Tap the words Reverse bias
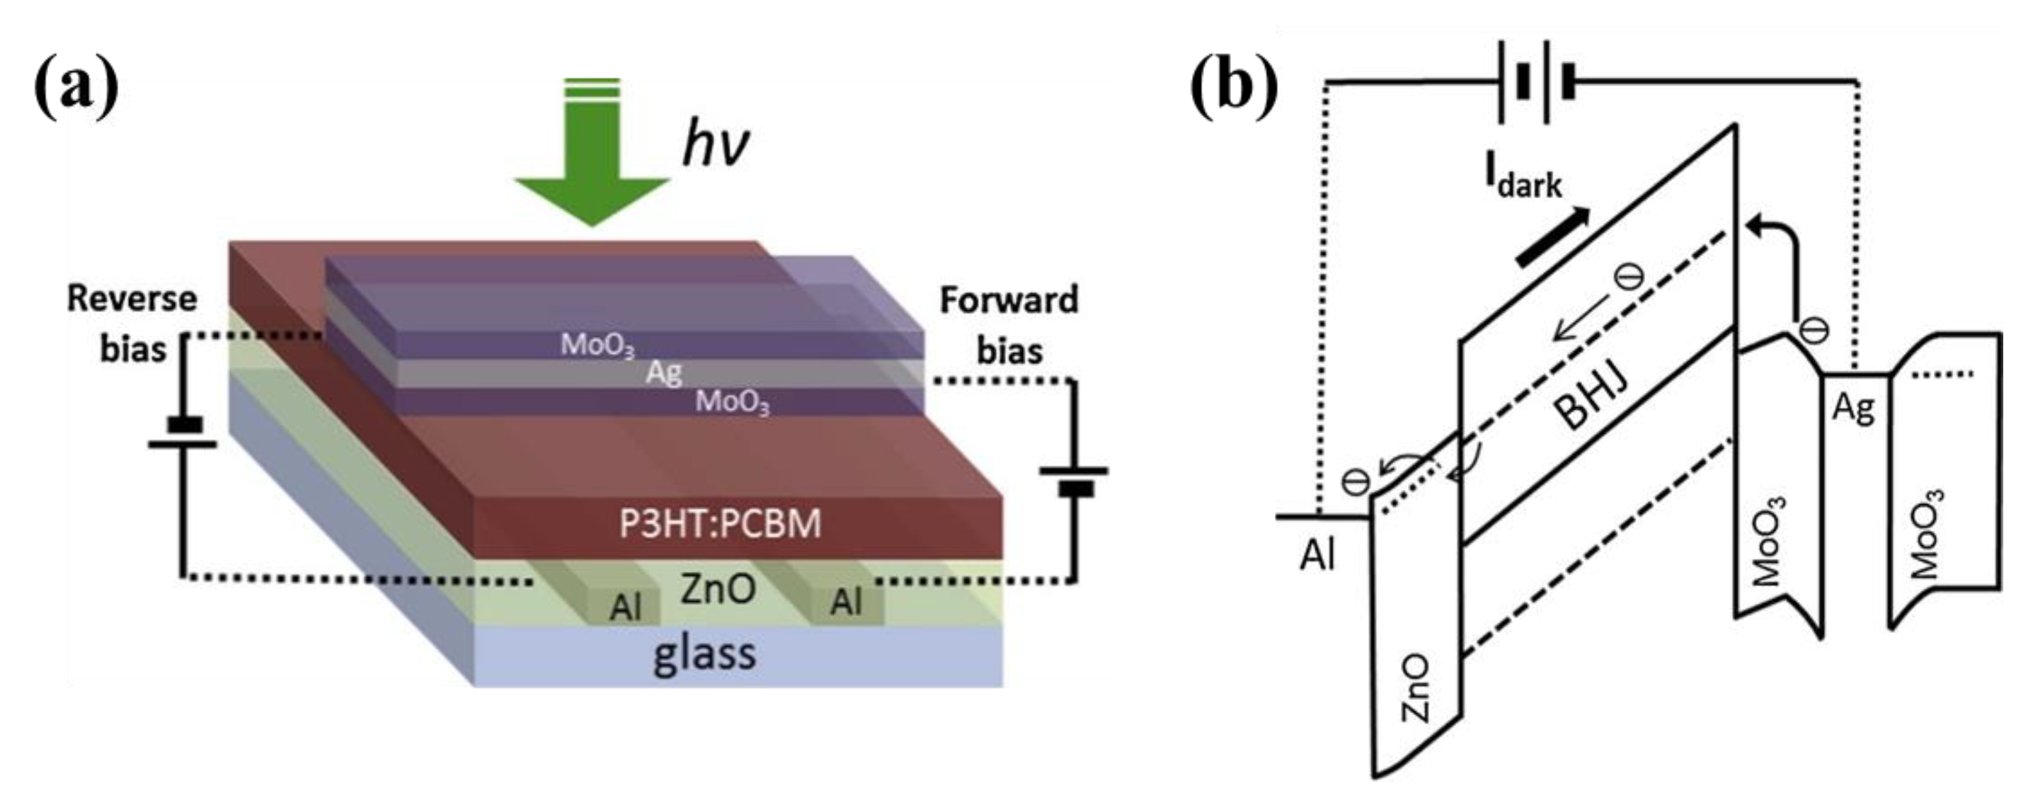click(x=132, y=323)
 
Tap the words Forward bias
click(x=1009, y=324)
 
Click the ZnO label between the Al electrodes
click(x=718, y=589)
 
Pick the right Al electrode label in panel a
click(x=847, y=603)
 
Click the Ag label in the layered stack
click(x=664, y=372)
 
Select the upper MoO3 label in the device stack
click(x=597, y=345)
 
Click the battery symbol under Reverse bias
click(x=183, y=435)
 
